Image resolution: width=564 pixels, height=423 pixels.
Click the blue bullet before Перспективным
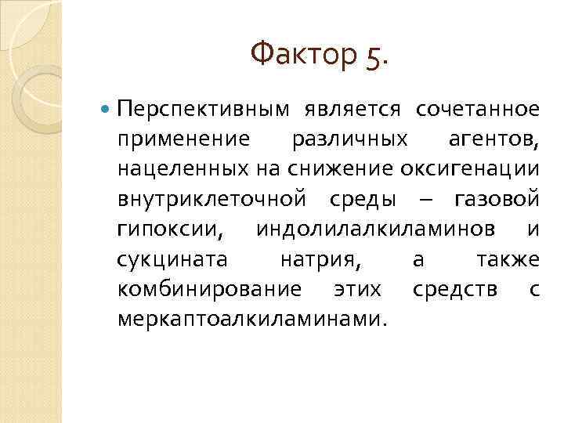point(107,109)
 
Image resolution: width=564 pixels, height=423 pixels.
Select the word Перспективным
point(203,110)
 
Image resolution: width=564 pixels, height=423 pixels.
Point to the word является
point(352,109)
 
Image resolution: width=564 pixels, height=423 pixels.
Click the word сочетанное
point(477,109)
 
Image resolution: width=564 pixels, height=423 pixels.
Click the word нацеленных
point(186,170)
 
